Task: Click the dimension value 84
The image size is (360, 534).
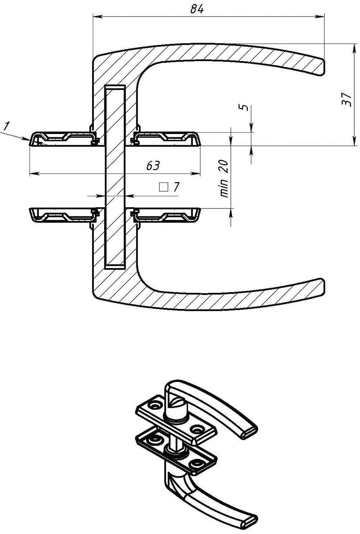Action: point(197,9)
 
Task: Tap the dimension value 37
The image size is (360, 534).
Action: point(347,100)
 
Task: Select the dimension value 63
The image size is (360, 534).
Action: point(153,165)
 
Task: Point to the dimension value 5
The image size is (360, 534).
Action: point(243,108)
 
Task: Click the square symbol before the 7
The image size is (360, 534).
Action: point(163,187)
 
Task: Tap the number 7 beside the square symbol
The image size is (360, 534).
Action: point(176,187)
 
